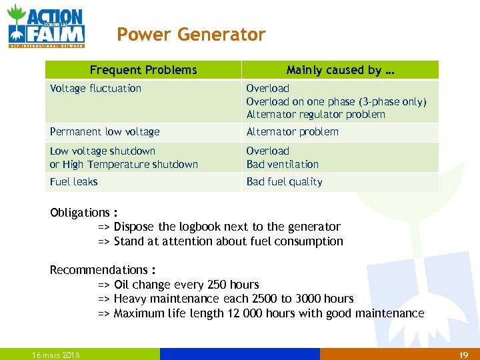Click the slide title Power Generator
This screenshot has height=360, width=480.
pyautogui.click(x=191, y=35)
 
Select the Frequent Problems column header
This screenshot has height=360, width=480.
pyautogui.click(x=143, y=70)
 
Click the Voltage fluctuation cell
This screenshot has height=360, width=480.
pyautogui.click(x=96, y=88)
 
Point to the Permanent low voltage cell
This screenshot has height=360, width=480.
pyautogui.click(x=105, y=132)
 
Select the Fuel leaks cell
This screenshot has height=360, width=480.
pyautogui.click(x=74, y=181)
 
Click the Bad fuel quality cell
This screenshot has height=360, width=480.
pyautogui.click(x=285, y=181)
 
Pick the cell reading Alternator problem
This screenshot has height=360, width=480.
pyautogui.click(x=292, y=132)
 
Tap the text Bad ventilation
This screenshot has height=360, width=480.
pyautogui.click(x=283, y=164)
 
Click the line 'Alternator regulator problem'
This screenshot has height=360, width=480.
pyautogui.click(x=315, y=114)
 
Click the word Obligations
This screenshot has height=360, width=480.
pyautogui.click(x=79, y=213)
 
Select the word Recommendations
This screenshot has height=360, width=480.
pyautogui.click(x=99, y=270)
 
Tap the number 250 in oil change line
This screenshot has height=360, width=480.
pyautogui.click(x=217, y=285)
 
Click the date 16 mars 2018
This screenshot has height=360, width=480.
pyautogui.click(x=56, y=355)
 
